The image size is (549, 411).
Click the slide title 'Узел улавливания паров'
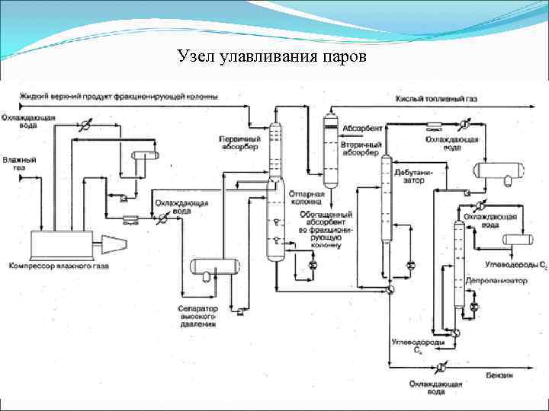pyautogui.click(x=271, y=56)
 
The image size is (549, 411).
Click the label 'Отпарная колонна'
pyautogui.click(x=307, y=197)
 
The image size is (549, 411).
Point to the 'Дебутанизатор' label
pyautogui.click(x=413, y=177)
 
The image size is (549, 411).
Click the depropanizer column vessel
pyautogui.click(x=458, y=266)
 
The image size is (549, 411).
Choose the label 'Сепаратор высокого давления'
pyautogui.click(x=199, y=316)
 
